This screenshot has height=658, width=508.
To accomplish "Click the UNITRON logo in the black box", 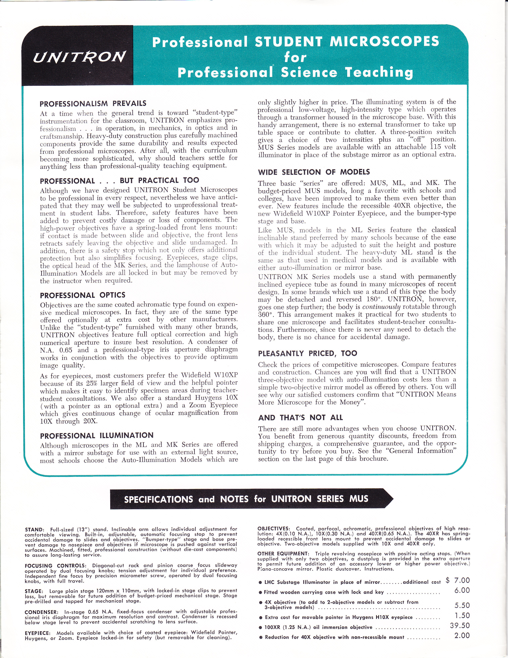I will (79, 56).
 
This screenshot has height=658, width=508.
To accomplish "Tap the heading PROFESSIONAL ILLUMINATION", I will (97, 436).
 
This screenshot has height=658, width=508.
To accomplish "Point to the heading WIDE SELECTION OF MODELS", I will (314, 172).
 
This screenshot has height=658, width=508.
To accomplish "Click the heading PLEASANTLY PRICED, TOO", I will (308, 353).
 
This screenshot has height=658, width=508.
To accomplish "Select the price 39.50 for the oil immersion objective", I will (460, 626).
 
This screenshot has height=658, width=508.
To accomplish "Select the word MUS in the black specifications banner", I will (359, 499).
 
